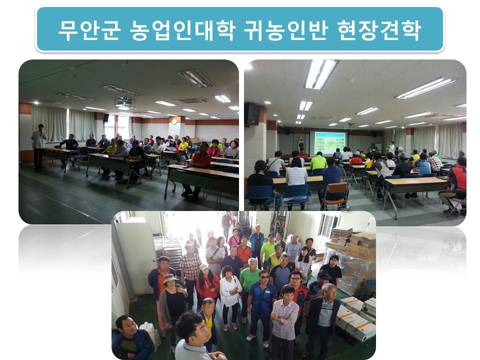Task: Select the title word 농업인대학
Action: pyautogui.click(x=182, y=30)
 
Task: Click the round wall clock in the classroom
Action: pyautogui.click(x=174, y=121)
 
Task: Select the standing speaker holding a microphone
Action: pyautogui.click(x=39, y=146)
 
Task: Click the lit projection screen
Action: pyautogui.click(x=327, y=143)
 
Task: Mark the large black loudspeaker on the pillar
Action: pyautogui.click(x=252, y=114)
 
